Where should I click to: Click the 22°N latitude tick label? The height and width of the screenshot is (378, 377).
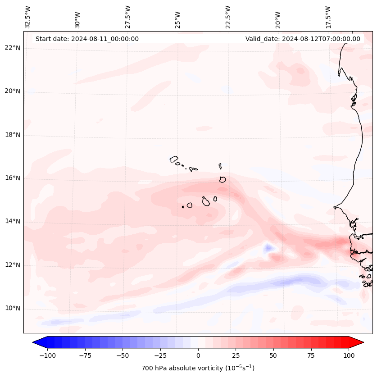coord(13,48)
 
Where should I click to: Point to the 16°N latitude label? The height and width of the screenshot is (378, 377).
coord(13,178)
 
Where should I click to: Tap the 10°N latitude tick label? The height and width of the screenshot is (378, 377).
coord(13,308)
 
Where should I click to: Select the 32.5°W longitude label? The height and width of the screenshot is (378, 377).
coord(28,17)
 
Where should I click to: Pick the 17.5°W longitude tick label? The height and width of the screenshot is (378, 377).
coord(328,17)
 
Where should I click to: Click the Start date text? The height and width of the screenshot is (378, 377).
coord(87,39)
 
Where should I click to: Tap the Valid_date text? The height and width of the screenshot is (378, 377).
coord(303,39)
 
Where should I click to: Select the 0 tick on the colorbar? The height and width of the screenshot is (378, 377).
coord(198,355)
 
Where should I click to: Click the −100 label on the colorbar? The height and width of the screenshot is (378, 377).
coord(47,355)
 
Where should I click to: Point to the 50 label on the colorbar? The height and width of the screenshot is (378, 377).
coord(273,355)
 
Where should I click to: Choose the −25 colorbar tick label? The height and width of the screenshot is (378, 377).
coord(160,355)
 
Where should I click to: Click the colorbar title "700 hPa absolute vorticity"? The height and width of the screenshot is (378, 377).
coord(198,368)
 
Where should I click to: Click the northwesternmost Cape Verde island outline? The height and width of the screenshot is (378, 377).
coord(174,159)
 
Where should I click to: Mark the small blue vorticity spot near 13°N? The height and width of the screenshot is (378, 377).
coord(269,247)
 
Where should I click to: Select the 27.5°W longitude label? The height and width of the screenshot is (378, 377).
coord(128,17)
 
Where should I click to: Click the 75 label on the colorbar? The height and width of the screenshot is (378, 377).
coord(311,355)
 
